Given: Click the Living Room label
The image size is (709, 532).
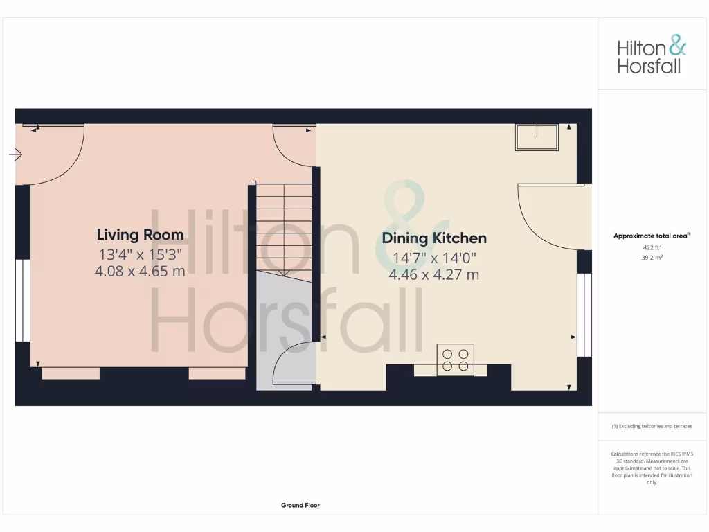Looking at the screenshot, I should click(x=140, y=235).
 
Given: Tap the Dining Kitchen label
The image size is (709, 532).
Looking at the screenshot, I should click(x=434, y=238).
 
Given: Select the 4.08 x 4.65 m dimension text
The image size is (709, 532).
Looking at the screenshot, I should click(x=140, y=271).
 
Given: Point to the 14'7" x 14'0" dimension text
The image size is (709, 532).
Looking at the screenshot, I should click(x=434, y=258).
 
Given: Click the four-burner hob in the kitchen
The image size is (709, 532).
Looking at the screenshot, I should click(x=456, y=360).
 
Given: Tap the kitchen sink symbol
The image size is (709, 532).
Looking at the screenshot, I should click(x=537, y=137).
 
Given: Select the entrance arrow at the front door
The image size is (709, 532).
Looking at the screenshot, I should click(x=15, y=154).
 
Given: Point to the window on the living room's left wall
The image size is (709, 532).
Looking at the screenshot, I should click(x=22, y=301).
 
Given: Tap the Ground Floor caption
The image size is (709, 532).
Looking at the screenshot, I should click(x=300, y=506).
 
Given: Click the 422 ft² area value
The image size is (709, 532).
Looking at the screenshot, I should click(x=652, y=247).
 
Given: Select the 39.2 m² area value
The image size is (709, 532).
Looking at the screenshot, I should click(x=652, y=257).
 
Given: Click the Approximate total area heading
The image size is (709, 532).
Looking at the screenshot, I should click(x=651, y=236).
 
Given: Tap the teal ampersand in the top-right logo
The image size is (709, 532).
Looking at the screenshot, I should click(x=677, y=47).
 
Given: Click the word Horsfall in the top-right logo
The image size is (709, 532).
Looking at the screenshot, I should click(x=649, y=66).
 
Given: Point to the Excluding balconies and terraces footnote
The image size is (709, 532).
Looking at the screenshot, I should click(x=652, y=427).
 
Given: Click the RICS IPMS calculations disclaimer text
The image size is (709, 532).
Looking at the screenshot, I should click(x=652, y=468).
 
